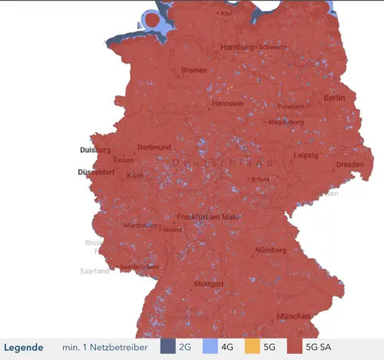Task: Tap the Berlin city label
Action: [x=334, y=98]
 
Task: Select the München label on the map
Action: [x=295, y=316]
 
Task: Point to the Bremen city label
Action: [x=194, y=71]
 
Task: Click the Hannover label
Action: [x=228, y=104]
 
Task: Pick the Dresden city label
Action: [x=349, y=164]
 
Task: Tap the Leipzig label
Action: [x=305, y=156]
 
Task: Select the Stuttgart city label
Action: [x=209, y=284]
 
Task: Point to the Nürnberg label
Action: [x=270, y=250]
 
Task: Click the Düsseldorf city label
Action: [x=96, y=172]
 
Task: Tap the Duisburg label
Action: [x=94, y=150]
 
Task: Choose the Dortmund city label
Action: [x=154, y=147]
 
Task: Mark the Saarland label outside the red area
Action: [x=96, y=271]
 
